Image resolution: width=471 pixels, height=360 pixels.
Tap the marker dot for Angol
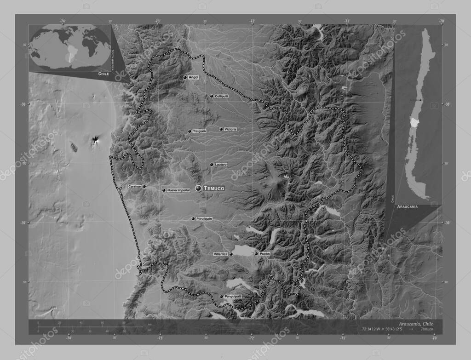(x=184, y=78)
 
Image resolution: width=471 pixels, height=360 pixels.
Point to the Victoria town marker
(x=221, y=129)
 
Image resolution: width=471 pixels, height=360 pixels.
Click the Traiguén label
(x=199, y=131)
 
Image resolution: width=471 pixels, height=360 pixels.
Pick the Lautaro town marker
(x=212, y=164)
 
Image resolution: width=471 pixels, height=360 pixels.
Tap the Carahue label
(x=134, y=186)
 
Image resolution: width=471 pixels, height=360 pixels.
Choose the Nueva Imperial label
(x=178, y=190)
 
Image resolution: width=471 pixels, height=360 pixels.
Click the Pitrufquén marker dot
(x=193, y=219)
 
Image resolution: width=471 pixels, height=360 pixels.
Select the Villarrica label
(x=221, y=254)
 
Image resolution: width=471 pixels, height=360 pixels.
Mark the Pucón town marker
(x=256, y=253)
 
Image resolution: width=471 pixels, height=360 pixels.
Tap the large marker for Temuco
(x=198, y=188)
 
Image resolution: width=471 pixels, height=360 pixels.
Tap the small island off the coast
(x=73, y=147)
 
